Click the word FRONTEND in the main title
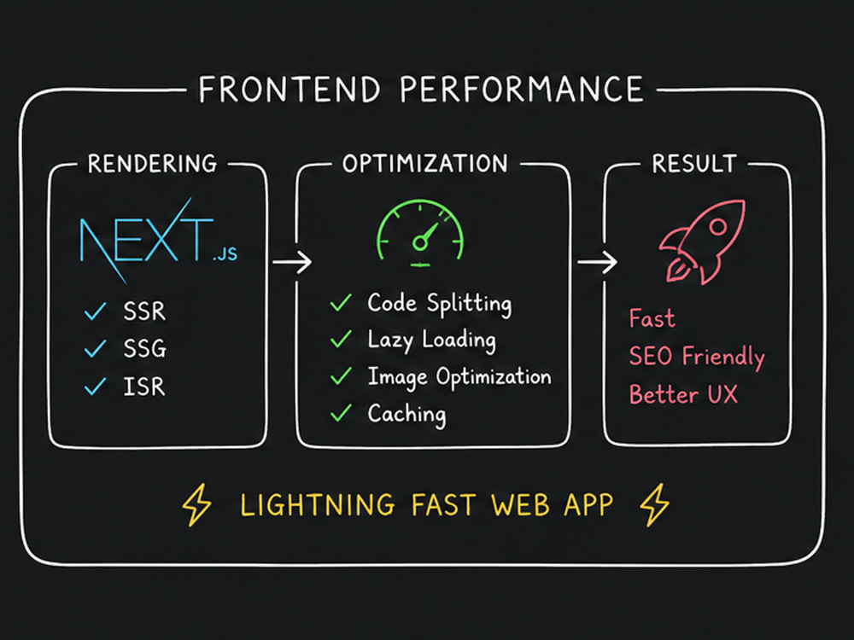(290, 90)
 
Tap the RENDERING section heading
(153, 164)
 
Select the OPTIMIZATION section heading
(424, 163)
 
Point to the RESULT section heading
(694, 163)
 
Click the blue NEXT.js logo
(158, 241)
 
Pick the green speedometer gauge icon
(420, 234)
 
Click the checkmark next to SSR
(95, 311)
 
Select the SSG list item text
(144, 348)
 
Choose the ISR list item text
(143, 387)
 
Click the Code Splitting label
(440, 304)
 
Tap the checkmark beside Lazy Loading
(341, 339)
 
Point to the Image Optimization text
(459, 377)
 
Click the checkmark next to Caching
(341, 412)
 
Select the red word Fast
(652, 318)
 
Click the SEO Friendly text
(697, 357)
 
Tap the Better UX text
(683, 394)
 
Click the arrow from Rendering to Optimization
(292, 262)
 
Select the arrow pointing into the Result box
(598, 262)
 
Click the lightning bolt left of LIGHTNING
(196, 504)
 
